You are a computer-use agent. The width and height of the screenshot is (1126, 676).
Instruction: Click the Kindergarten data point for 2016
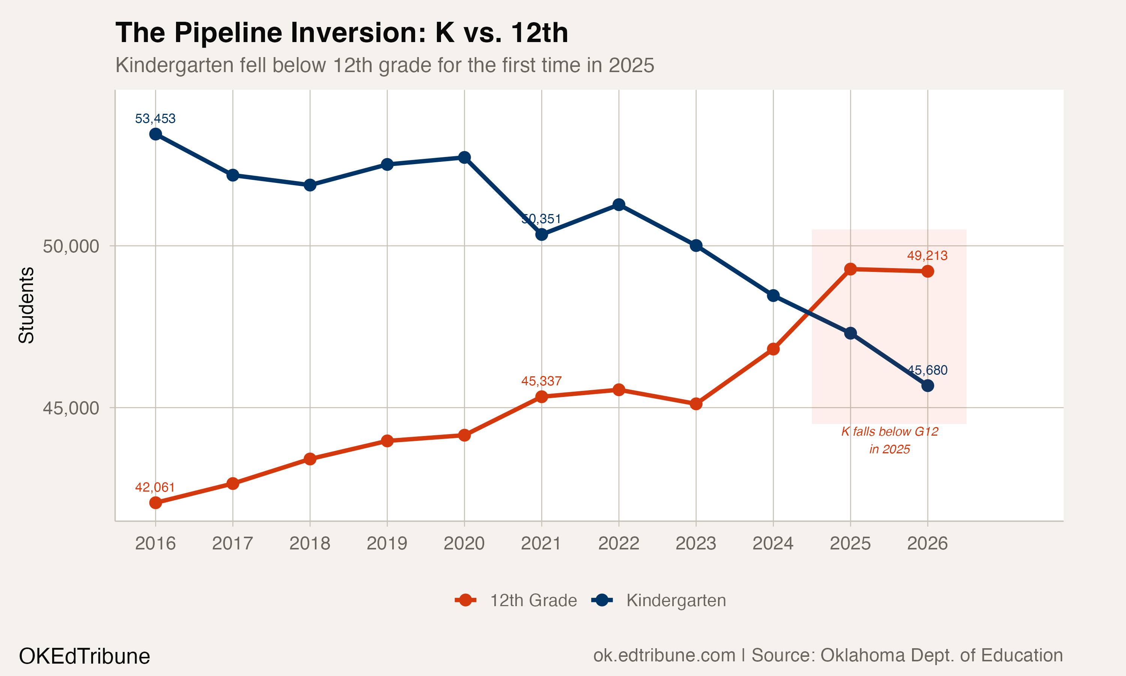pyautogui.click(x=156, y=134)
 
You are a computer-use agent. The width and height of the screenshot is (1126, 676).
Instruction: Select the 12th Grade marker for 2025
pyautogui.click(x=850, y=269)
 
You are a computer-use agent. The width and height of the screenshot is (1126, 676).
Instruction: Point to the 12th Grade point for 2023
pyautogui.click(x=696, y=404)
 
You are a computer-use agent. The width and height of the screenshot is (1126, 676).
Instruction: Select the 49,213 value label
pyautogui.click(x=927, y=255)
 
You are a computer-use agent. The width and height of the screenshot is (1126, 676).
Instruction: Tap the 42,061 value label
pyautogui.click(x=155, y=487)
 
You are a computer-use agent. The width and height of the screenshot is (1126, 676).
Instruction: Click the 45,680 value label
pyautogui.click(x=927, y=370)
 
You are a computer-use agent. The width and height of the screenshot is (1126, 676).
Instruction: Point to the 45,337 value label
pyautogui.click(x=541, y=381)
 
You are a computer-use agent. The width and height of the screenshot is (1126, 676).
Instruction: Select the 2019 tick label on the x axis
pyautogui.click(x=387, y=543)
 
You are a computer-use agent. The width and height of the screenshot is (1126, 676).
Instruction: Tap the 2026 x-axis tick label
pyautogui.click(x=927, y=543)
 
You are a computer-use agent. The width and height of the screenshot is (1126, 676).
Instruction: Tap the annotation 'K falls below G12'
pyautogui.click(x=889, y=432)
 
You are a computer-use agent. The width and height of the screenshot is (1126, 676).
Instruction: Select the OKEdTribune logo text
pyautogui.click(x=84, y=656)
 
